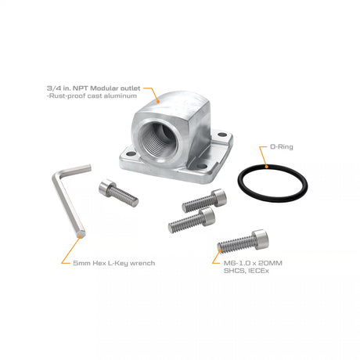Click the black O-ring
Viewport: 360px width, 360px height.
click(x=272, y=167)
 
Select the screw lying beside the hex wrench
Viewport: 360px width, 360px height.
click(x=118, y=193)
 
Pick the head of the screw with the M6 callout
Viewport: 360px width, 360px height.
click(x=261, y=239)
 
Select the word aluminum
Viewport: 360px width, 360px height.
click(x=120, y=95)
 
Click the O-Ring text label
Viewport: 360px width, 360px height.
click(x=282, y=147)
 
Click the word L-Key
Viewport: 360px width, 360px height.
click(x=117, y=263)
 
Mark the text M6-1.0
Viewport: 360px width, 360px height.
click(x=236, y=263)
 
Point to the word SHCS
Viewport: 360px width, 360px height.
click(x=234, y=271)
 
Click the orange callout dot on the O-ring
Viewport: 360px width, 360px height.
click(x=266, y=166)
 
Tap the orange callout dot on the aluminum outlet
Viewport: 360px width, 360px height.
click(x=158, y=103)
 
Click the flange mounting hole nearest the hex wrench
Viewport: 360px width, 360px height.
click(x=131, y=154)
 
